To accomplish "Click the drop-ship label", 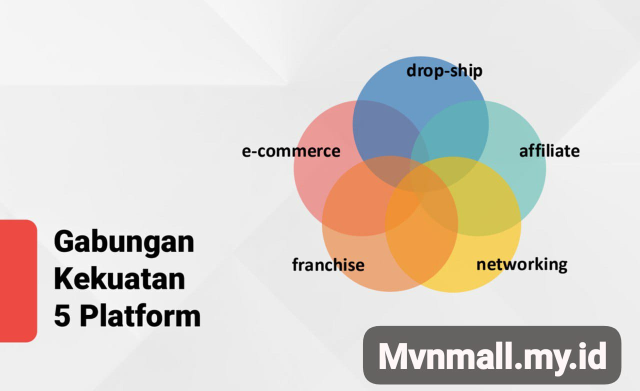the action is point(444,71).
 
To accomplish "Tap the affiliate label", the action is point(549,150).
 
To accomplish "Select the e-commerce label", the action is point(291,151).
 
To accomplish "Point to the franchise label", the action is point(328,264).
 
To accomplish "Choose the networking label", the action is point(522,264).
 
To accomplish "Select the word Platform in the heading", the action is point(140,315).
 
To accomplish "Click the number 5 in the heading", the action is point(62,316).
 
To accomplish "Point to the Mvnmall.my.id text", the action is point(492,356).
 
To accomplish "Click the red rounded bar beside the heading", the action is point(18,280).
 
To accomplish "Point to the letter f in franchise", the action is point(295,264).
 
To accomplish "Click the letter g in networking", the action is point(562,267).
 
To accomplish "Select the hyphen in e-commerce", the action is point(253,152).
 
